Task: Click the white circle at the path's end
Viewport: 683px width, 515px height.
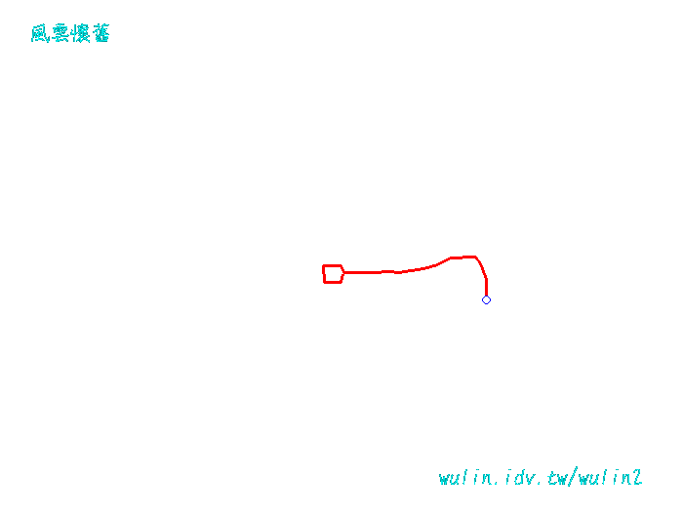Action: coord(486,299)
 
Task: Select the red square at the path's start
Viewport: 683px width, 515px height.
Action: coord(333,274)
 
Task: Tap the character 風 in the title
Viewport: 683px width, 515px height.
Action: coord(40,34)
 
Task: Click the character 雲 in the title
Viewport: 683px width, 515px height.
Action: coord(60,34)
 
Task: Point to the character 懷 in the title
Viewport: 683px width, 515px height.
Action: coord(81,34)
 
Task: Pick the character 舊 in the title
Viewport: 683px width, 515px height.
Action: coord(101,34)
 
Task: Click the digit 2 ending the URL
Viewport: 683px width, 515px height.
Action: coord(637,478)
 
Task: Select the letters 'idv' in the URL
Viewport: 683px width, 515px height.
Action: coord(518,478)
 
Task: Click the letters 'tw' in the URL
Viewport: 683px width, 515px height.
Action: coord(556,478)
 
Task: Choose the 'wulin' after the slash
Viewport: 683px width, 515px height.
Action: coord(604,478)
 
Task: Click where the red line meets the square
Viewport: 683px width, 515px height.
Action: coord(342,272)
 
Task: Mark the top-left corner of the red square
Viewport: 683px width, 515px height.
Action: coord(324,266)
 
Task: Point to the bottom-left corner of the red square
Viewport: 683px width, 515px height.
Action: coord(325,282)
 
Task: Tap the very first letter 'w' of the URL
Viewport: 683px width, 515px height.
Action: coord(445,479)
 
